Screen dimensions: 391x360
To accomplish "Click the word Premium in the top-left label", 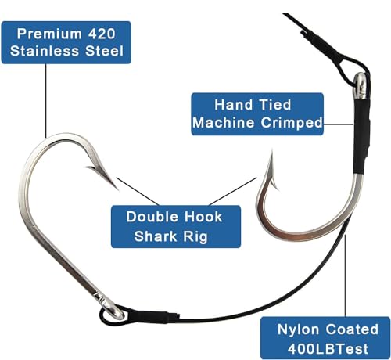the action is click(49, 34).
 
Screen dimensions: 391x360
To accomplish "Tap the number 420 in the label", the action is click(102, 34).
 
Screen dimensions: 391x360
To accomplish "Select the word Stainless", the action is click(45, 51).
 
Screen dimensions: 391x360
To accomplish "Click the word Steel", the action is click(104, 51).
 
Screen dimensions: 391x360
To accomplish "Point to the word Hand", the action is click(234, 105).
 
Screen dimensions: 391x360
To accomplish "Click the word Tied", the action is click(275, 105).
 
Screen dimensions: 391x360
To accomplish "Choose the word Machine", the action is click(223, 123).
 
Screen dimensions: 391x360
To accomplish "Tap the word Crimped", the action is click(292, 123).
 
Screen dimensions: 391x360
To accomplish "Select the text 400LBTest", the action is click(328, 348).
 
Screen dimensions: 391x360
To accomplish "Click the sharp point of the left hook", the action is click(118, 189).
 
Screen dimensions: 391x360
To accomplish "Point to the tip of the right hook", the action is click(271, 150).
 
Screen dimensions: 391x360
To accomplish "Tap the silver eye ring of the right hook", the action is click(361, 86).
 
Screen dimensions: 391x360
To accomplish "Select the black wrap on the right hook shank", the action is click(362, 136).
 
